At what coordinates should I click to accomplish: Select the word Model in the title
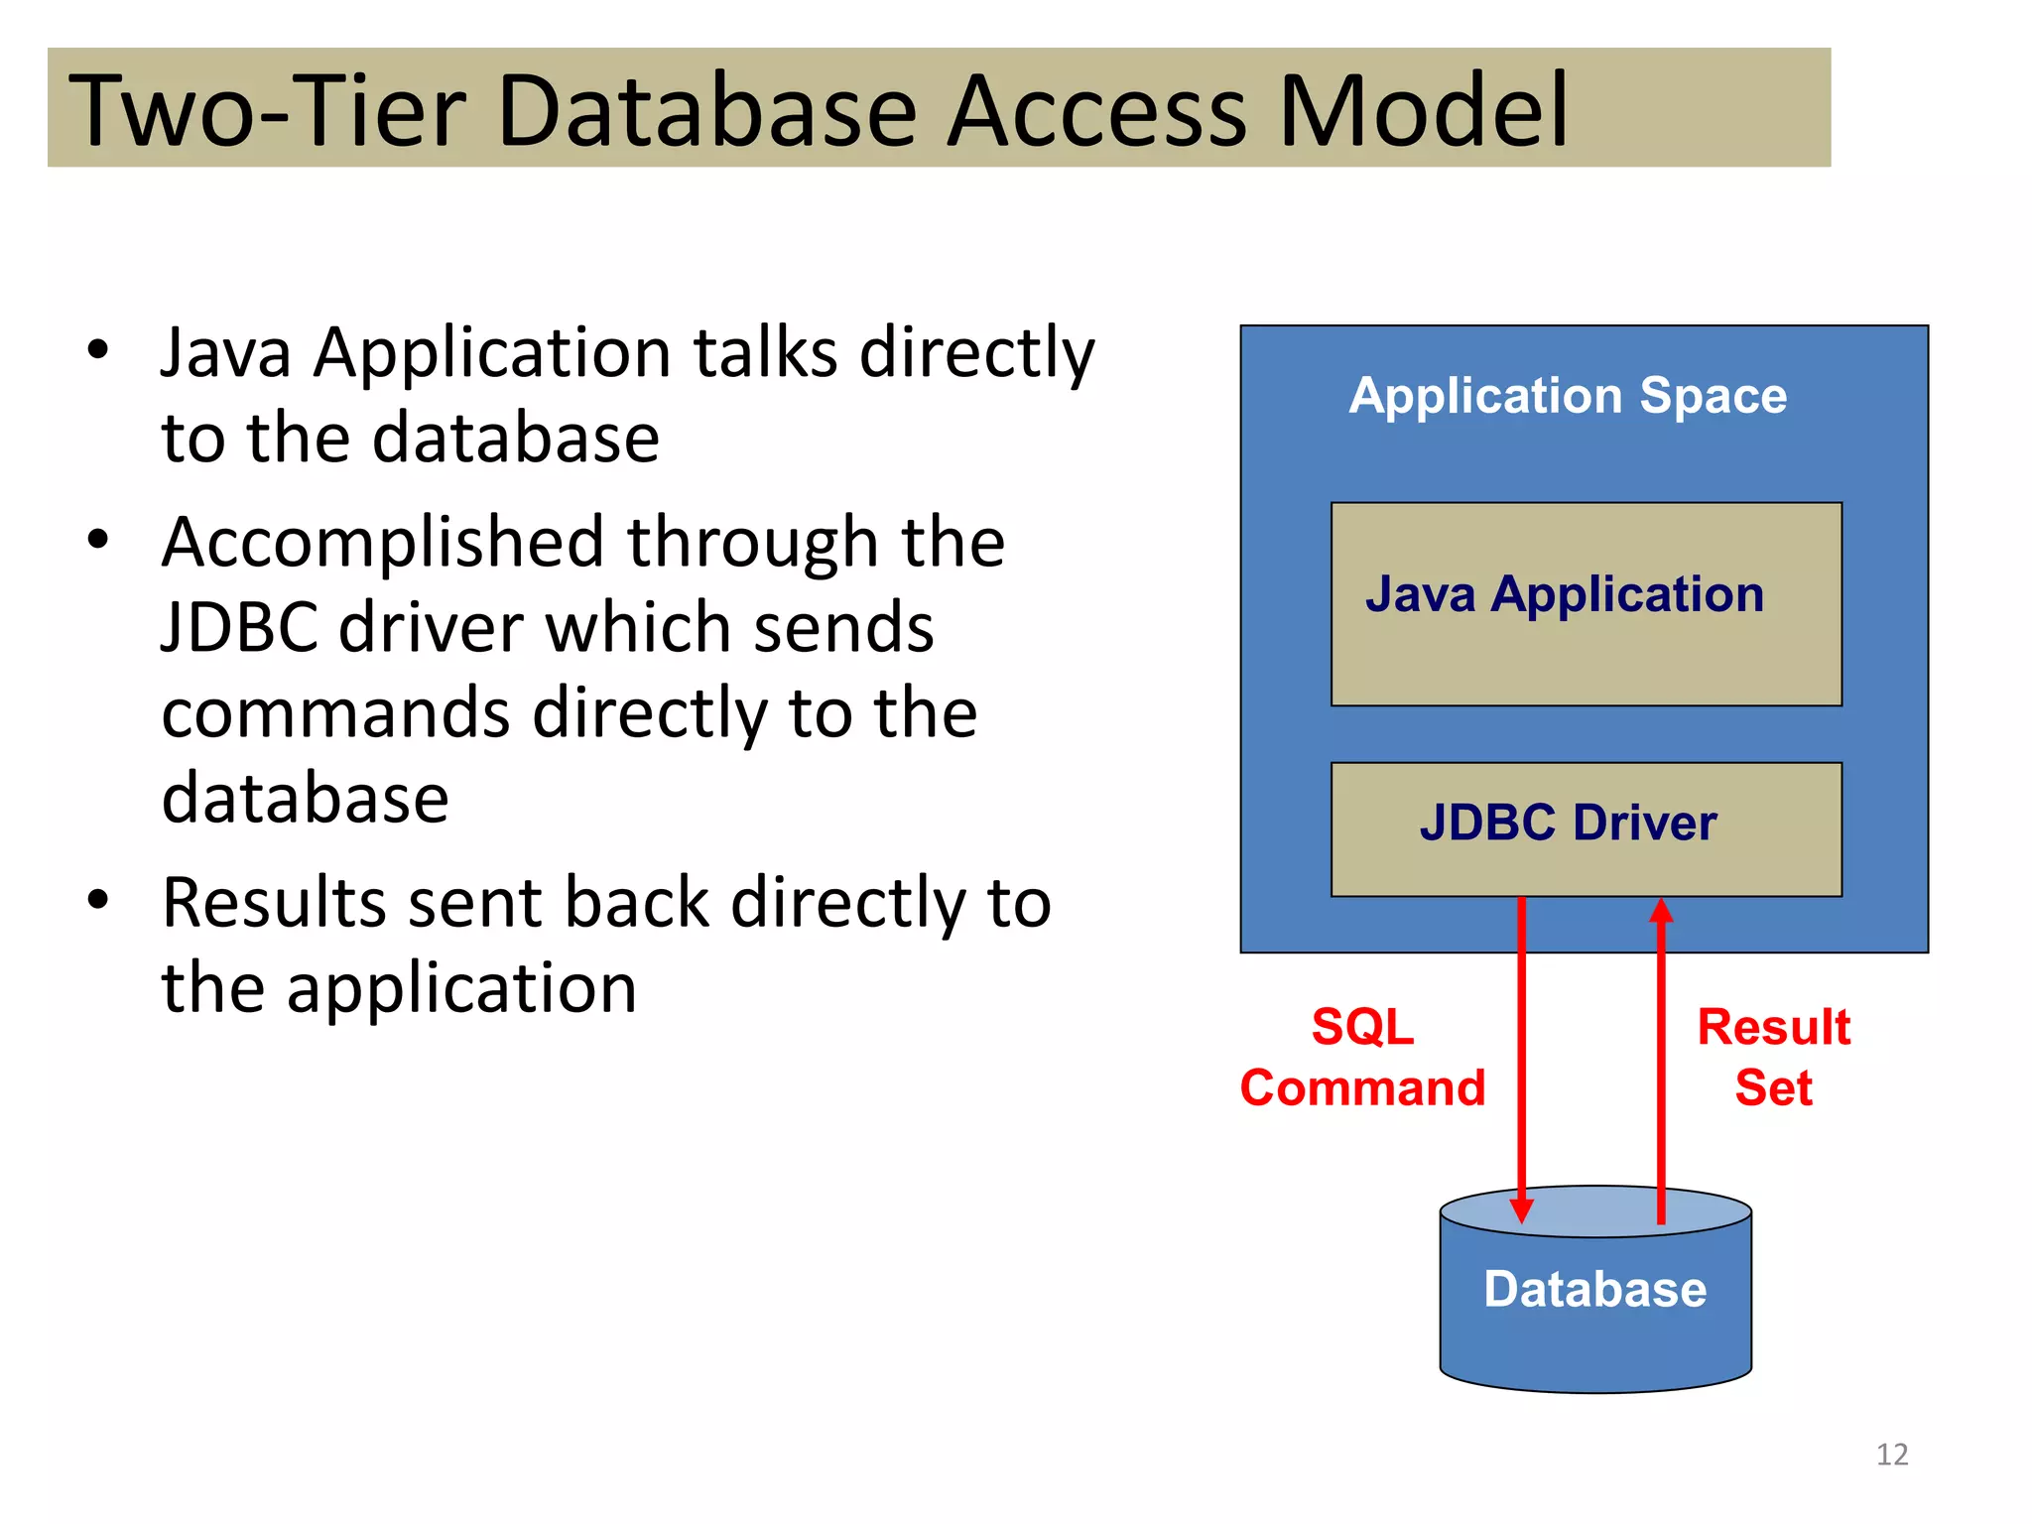point(1423,111)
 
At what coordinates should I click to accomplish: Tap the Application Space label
point(1568,396)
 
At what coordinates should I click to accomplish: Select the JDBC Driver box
point(1586,828)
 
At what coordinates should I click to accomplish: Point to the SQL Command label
point(1362,1058)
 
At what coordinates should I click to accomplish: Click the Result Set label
point(1773,1058)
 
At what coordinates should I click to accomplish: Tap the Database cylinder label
point(1594,1290)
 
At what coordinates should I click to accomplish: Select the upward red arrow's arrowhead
point(1661,911)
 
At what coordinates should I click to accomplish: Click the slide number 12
point(1891,1455)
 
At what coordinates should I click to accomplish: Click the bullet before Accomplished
point(97,541)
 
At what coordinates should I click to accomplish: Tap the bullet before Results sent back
point(97,901)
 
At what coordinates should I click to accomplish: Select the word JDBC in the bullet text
point(242,629)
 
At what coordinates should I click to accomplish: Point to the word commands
point(333,714)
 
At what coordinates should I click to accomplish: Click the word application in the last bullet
point(461,990)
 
